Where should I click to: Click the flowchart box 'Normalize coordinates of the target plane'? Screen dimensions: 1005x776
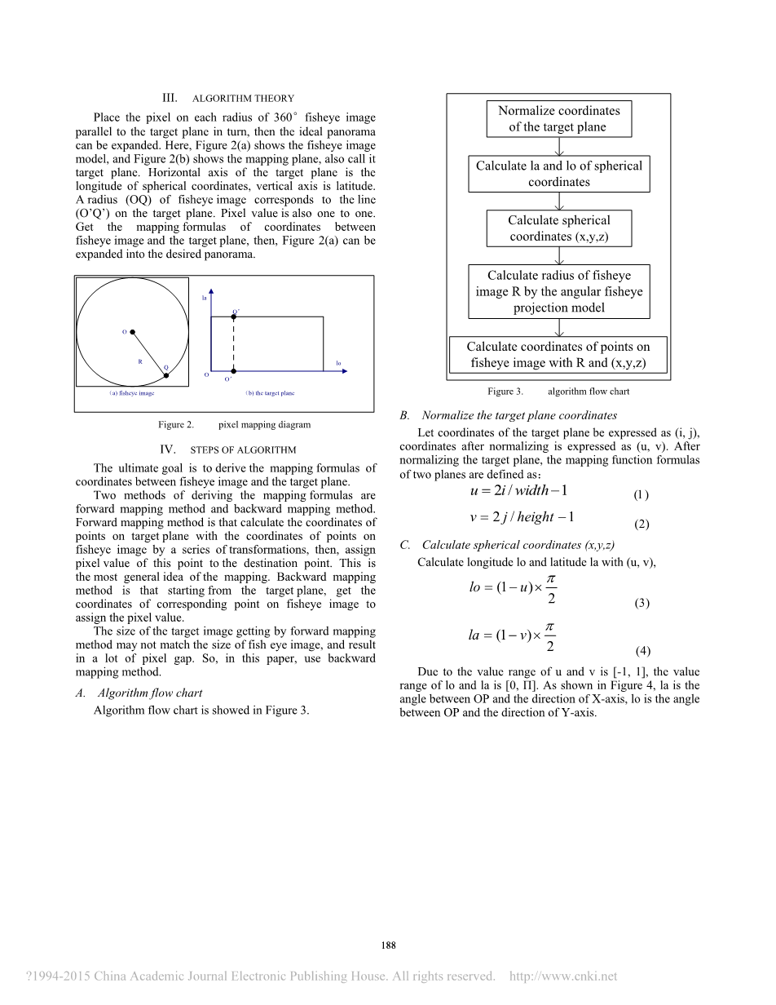point(558,118)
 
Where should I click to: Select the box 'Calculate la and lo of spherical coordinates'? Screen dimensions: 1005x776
point(558,174)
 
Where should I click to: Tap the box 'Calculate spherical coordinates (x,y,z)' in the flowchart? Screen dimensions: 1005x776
point(558,228)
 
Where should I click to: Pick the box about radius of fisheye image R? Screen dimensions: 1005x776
point(558,291)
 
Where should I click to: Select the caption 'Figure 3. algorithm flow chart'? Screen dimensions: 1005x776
point(558,392)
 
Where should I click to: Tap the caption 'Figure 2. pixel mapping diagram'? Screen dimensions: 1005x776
point(235,424)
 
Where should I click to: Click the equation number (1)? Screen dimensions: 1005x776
point(641,495)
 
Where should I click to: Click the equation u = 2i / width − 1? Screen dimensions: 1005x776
point(518,490)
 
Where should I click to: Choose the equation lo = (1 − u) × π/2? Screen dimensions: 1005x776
point(514,587)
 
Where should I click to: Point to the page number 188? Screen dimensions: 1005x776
point(388,945)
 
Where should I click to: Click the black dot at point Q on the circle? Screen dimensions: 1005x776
point(166,375)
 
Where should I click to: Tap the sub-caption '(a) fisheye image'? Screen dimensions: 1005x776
point(132,393)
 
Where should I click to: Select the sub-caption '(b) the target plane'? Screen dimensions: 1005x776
point(271,393)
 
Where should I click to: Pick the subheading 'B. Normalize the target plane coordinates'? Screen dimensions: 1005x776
point(509,415)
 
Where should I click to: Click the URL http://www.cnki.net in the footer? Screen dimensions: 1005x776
point(562,976)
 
